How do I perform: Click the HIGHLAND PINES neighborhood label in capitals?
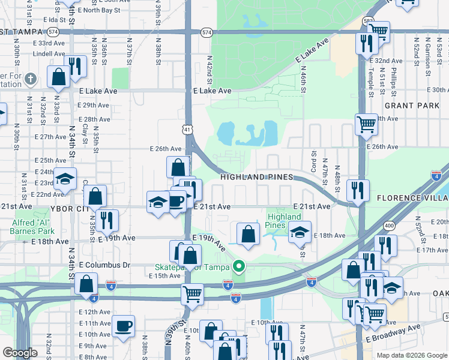coord(257,177)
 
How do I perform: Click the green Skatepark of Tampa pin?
coord(240,266)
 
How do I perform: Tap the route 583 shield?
coord(369,21)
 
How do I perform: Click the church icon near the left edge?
coord(32,79)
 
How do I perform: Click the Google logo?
coord(19,353)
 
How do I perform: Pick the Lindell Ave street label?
coord(49,53)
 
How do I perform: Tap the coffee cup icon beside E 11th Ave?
coord(124,326)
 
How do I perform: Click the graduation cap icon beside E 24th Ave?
coord(65,178)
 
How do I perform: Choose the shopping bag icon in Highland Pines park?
coord(248,234)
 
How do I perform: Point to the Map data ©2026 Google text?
coord(412,355)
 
